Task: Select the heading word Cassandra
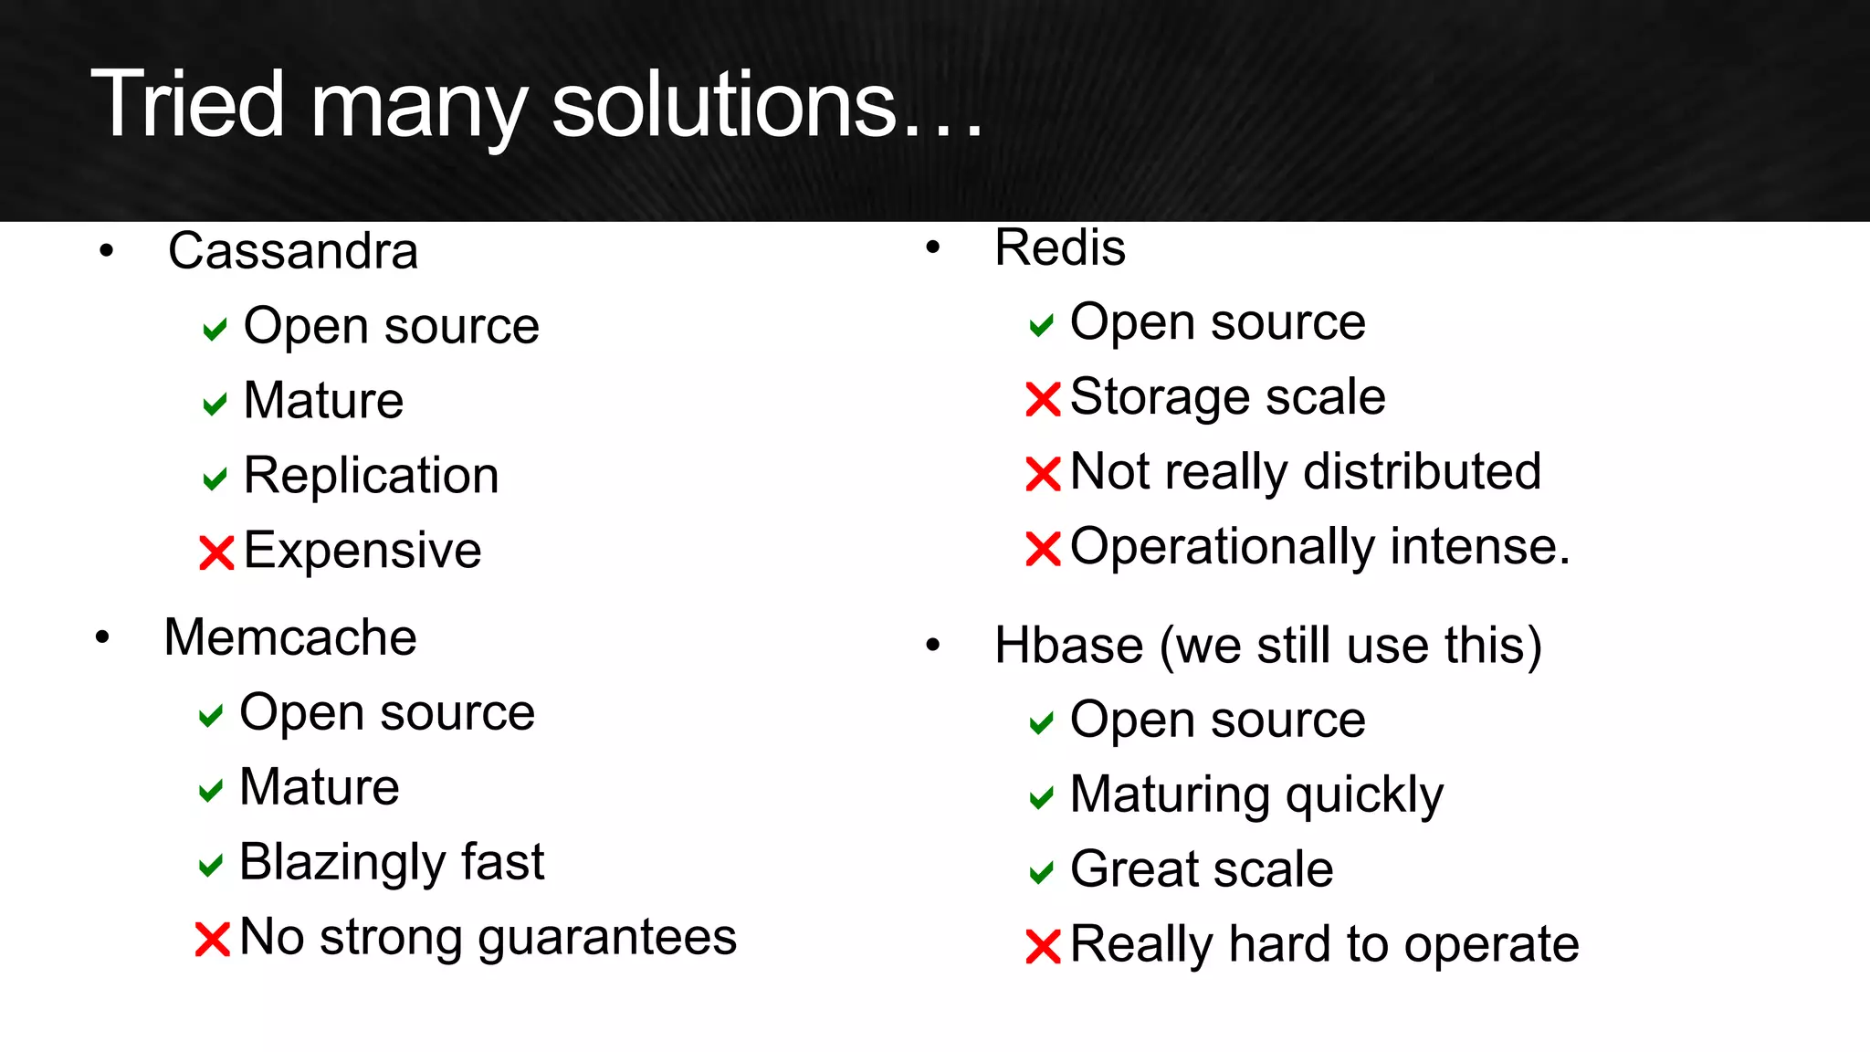(x=292, y=251)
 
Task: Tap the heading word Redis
(x=1059, y=247)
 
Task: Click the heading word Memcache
(x=289, y=637)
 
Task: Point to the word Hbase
(x=1068, y=646)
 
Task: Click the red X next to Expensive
(x=216, y=552)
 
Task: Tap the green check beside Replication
(x=215, y=479)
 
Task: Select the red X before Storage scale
(x=1043, y=399)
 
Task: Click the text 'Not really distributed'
(x=1305, y=472)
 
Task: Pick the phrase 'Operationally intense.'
(x=1319, y=547)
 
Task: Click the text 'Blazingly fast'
(x=391, y=862)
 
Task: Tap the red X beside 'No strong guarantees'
(x=212, y=939)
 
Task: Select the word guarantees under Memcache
(x=606, y=939)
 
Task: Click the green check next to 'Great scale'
(x=1041, y=873)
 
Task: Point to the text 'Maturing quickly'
(x=1256, y=795)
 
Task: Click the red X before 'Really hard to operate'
(x=1043, y=946)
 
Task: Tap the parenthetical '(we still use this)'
(x=1351, y=646)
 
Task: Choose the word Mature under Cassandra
(x=323, y=401)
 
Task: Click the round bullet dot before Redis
(x=932, y=247)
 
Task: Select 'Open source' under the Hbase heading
(x=1217, y=721)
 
